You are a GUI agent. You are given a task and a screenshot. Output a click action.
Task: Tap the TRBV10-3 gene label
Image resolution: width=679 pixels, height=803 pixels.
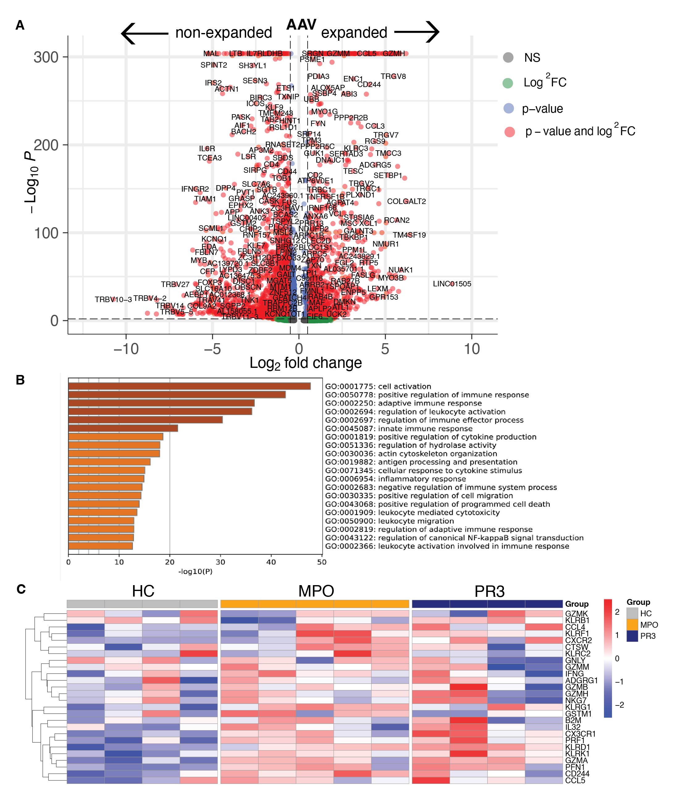113,300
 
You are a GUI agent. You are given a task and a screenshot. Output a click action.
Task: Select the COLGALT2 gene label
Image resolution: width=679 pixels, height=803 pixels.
406,202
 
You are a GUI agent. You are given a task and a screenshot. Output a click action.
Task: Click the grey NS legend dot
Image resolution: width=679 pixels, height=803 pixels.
508,58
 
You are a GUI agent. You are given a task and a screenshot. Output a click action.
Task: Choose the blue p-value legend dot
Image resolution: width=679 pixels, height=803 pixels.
509,109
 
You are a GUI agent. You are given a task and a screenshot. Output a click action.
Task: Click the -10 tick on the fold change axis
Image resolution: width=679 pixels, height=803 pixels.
126,349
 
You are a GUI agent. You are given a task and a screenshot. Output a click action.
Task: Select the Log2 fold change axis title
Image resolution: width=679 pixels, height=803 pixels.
306,363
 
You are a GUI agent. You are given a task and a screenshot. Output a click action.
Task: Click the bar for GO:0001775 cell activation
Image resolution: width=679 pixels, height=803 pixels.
189,386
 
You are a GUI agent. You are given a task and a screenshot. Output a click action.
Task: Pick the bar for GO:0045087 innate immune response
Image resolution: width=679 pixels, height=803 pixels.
123,428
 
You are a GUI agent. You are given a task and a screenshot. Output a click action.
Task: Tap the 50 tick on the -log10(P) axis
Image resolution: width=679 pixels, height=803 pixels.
322,562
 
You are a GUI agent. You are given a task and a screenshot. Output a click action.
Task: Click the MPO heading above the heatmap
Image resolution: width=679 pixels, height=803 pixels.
316,591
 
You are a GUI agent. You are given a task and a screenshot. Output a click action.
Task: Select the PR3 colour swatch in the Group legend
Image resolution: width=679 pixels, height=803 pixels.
632,636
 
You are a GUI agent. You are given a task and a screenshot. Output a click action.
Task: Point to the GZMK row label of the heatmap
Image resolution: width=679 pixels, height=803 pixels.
576,614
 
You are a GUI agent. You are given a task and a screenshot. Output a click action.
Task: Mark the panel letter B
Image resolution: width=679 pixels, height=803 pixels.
20,380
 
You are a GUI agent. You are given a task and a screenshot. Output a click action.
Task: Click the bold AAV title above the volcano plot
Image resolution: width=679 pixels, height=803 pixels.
301,25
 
